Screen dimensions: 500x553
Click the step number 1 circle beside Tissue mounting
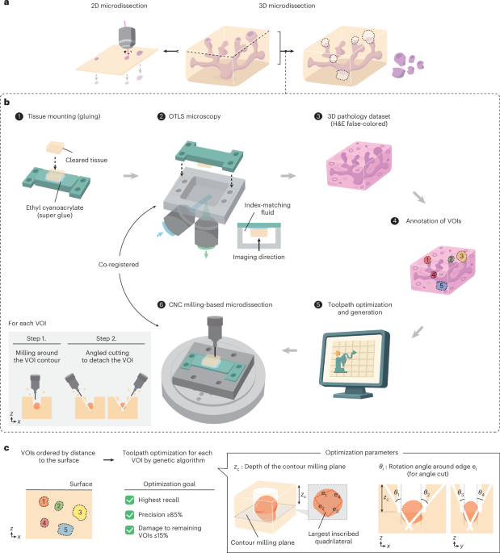19,116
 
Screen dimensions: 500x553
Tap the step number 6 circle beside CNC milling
162,304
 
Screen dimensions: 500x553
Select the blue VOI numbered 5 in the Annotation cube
441,286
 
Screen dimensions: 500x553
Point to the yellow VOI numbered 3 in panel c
80,513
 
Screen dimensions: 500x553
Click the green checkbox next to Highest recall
129,500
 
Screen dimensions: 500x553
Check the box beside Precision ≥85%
129,515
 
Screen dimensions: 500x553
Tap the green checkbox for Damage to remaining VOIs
129,530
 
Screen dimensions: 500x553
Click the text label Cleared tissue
86,160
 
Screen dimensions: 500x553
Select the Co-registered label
119,265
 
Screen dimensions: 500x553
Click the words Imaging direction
258,257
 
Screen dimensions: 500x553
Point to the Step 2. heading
106,338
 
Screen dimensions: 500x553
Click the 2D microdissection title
119,6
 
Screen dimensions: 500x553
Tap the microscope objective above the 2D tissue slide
126,38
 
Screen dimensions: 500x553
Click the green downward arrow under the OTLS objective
206,254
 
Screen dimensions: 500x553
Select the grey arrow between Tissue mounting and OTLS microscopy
131,176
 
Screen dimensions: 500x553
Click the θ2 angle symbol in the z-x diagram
426,492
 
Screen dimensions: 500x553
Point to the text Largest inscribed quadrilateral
333,538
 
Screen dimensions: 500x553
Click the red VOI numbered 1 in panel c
44,502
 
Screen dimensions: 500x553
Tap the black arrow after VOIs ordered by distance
109,460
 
